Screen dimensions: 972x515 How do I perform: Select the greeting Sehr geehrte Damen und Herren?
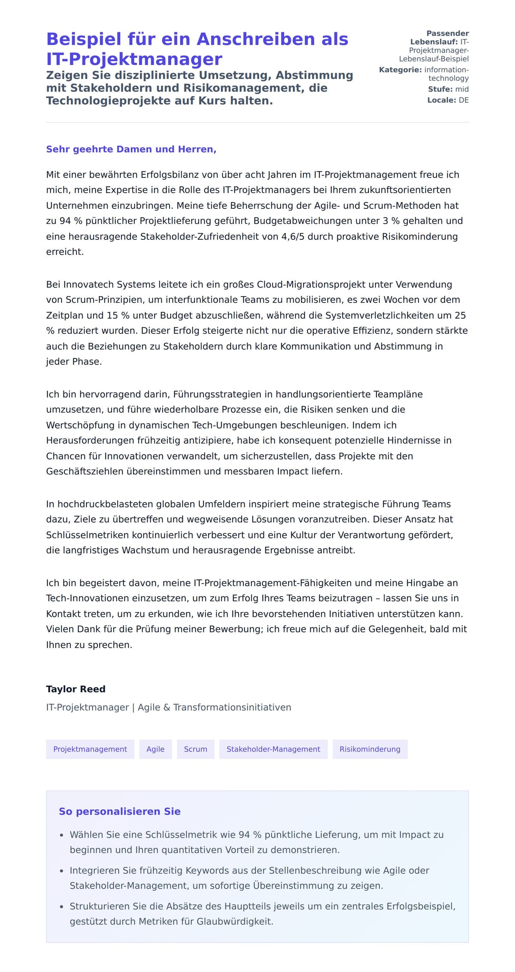click(131, 149)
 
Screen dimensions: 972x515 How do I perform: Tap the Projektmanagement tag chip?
click(90, 749)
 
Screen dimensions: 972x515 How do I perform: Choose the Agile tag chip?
click(155, 749)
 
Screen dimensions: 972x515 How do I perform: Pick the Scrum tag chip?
click(195, 749)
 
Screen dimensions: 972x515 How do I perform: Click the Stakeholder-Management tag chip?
click(273, 749)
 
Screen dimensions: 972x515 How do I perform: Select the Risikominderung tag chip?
click(370, 749)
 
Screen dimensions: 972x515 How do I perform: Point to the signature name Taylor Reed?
click(76, 689)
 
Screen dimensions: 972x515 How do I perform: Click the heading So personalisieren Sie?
click(119, 811)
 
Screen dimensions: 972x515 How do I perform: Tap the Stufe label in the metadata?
click(440, 89)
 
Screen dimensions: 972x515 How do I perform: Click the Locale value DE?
click(463, 100)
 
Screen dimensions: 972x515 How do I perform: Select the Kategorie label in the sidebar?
click(400, 70)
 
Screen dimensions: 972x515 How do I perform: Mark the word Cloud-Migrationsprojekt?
click(312, 284)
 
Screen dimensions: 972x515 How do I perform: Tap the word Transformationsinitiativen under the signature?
click(232, 707)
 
